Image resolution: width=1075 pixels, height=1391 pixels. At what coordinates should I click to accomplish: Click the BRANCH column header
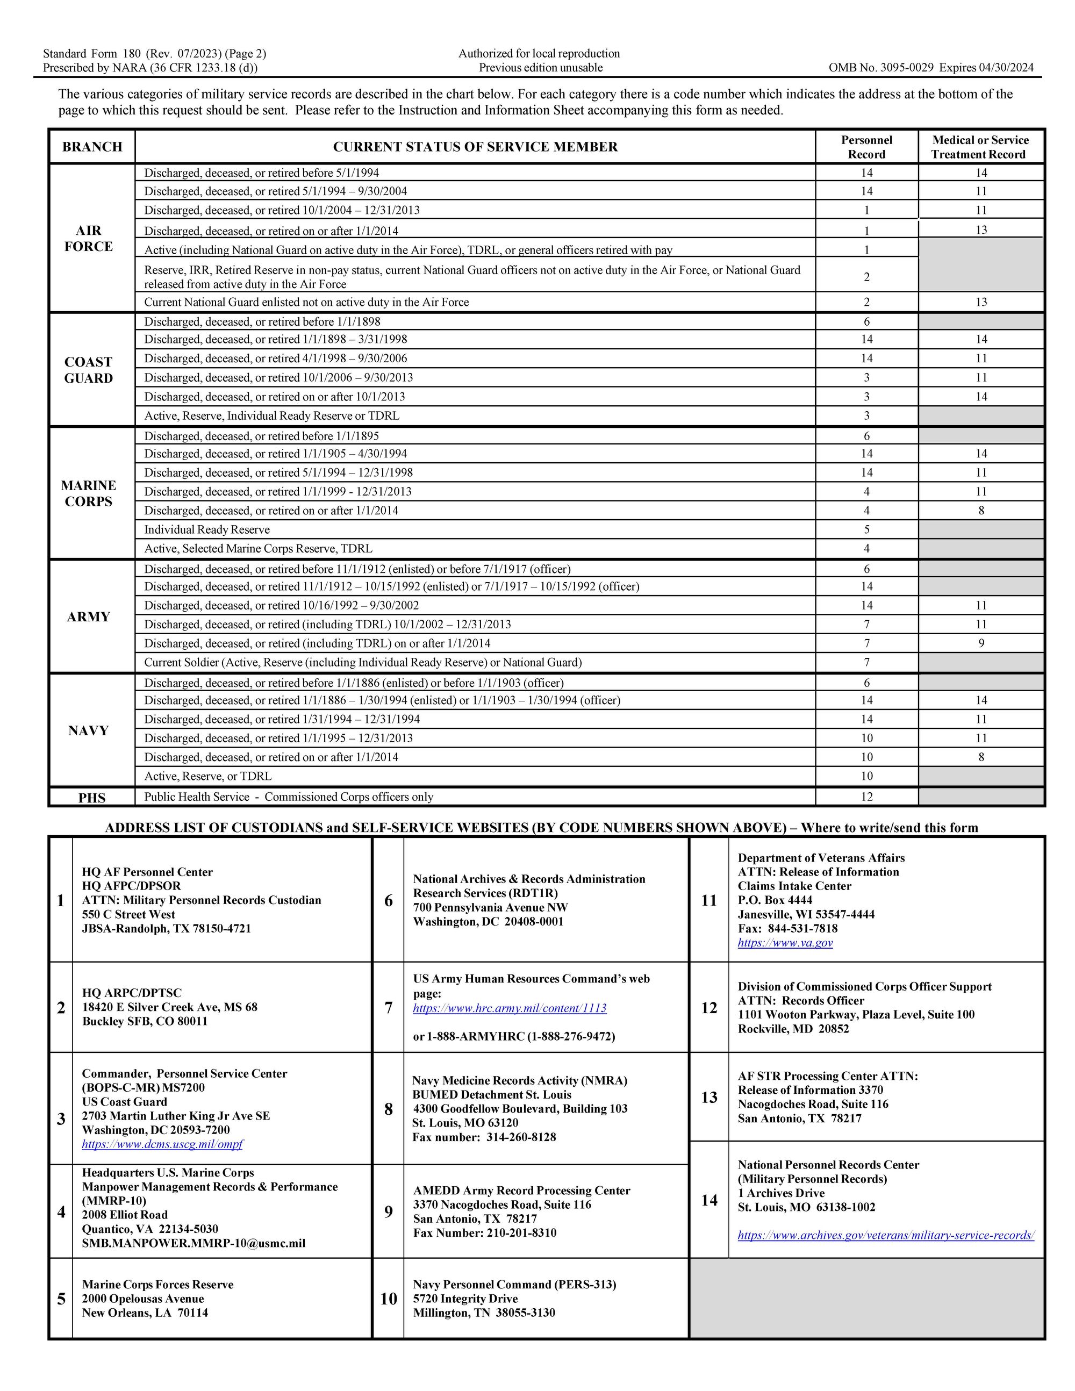click(92, 147)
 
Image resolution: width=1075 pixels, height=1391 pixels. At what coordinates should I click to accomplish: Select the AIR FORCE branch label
click(89, 238)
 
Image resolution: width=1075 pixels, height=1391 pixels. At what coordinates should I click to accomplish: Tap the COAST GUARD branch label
click(89, 370)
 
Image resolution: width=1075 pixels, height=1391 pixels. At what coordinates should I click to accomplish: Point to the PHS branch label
click(92, 798)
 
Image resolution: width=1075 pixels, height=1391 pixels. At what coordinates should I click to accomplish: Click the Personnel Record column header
click(866, 147)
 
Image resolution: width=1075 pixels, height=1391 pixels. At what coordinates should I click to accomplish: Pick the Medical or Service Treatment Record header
click(980, 147)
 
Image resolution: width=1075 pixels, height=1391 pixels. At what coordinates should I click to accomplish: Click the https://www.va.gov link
click(785, 943)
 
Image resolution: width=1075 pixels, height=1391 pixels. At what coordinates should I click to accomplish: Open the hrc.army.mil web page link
click(510, 1008)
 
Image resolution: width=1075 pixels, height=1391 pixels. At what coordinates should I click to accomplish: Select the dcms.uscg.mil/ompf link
click(162, 1144)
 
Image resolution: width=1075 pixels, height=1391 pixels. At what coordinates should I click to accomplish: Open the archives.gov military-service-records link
click(885, 1235)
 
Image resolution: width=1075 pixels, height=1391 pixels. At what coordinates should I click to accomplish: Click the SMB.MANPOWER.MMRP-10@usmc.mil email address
click(193, 1243)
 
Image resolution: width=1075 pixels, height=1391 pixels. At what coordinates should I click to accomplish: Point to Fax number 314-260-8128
click(484, 1137)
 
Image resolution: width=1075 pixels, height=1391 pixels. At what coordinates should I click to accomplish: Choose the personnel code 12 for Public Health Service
click(866, 797)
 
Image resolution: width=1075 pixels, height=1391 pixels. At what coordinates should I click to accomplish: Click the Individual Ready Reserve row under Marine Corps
click(207, 530)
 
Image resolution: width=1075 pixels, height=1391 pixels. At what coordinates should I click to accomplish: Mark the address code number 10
click(389, 1299)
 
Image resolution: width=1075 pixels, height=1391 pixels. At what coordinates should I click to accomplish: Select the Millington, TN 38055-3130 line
click(484, 1313)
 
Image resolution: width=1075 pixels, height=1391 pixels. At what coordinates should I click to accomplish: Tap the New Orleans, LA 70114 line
click(145, 1313)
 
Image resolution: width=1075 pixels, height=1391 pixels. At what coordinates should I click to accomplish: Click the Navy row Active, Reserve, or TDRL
click(207, 776)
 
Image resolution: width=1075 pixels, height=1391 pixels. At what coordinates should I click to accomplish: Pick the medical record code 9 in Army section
click(981, 643)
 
